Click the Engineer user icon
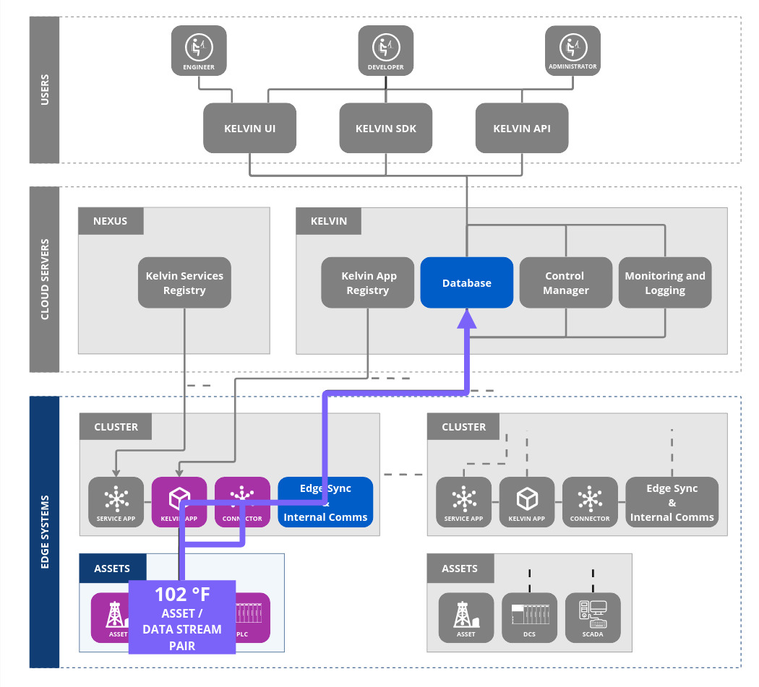click(x=199, y=50)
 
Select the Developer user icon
click(x=386, y=50)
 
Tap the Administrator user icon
click(x=573, y=50)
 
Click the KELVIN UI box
click(x=250, y=129)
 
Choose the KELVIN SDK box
click(x=386, y=129)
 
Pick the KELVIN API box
click(x=522, y=129)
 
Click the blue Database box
click(x=467, y=283)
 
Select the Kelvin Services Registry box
click(x=184, y=283)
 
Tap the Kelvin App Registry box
click(x=368, y=283)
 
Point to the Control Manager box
click(x=565, y=283)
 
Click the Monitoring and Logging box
click(x=665, y=283)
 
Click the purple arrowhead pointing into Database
click(x=468, y=319)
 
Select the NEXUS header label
click(x=111, y=221)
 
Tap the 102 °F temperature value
click(x=182, y=595)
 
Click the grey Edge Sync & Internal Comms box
click(x=672, y=503)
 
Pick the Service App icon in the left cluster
click(x=116, y=502)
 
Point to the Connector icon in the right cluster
click(x=590, y=502)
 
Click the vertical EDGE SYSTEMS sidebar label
click(x=44, y=532)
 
